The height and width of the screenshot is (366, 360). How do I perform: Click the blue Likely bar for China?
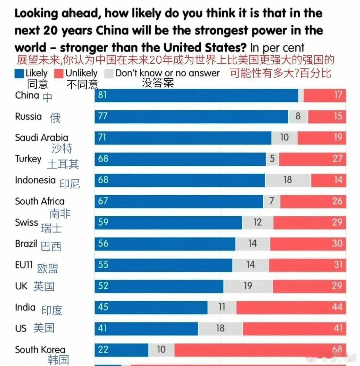click(x=197, y=95)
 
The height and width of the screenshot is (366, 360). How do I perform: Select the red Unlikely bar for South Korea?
click(x=260, y=350)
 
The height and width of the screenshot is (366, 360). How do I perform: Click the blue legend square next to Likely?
click(x=19, y=73)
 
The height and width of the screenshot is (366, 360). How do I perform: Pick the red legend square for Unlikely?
click(x=59, y=73)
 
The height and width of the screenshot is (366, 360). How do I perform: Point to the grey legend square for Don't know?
click(x=109, y=73)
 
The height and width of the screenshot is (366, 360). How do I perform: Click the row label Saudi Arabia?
click(x=41, y=138)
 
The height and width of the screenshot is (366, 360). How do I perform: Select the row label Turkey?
click(x=28, y=159)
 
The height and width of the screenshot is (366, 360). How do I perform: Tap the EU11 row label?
click(x=24, y=265)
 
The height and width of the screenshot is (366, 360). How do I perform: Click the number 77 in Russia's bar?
click(x=103, y=116)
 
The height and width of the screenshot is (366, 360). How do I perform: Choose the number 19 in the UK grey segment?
click(x=248, y=286)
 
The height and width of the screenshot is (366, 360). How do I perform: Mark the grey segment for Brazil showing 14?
click(x=252, y=244)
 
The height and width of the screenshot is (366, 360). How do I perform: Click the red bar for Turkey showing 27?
click(x=312, y=159)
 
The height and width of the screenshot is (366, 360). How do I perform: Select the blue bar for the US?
click(x=146, y=328)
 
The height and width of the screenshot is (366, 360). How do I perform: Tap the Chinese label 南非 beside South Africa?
click(x=60, y=213)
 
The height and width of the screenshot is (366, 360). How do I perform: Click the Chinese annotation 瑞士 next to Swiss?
click(x=51, y=228)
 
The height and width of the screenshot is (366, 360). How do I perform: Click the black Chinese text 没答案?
click(x=158, y=83)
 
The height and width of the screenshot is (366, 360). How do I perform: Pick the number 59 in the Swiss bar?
click(x=103, y=223)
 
